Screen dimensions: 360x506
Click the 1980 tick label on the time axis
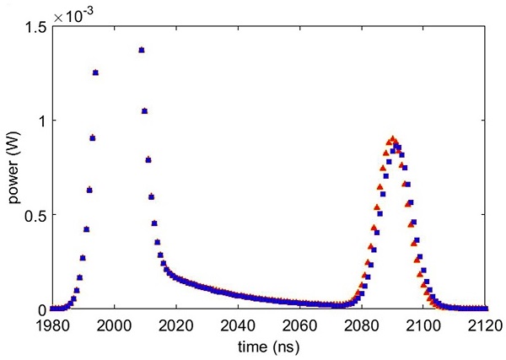click(x=52, y=325)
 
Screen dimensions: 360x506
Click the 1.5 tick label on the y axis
click(x=35, y=28)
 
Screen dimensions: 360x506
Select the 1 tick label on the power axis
click(x=41, y=121)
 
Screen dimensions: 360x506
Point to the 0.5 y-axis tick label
click(x=35, y=215)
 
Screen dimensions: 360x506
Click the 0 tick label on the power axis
click(x=41, y=309)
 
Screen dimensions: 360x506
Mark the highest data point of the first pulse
click(x=142, y=50)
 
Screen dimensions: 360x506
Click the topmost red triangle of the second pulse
click(x=392, y=139)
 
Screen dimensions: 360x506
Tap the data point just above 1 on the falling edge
click(x=145, y=110)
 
